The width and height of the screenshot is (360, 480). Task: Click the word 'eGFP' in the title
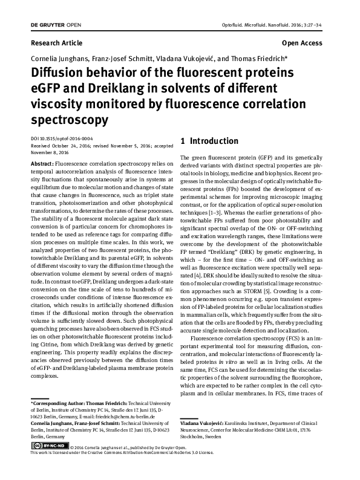(x=46, y=88)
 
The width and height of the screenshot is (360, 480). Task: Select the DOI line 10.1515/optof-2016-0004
(x=61, y=138)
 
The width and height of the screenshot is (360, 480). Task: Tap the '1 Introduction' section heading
(x=210, y=141)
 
